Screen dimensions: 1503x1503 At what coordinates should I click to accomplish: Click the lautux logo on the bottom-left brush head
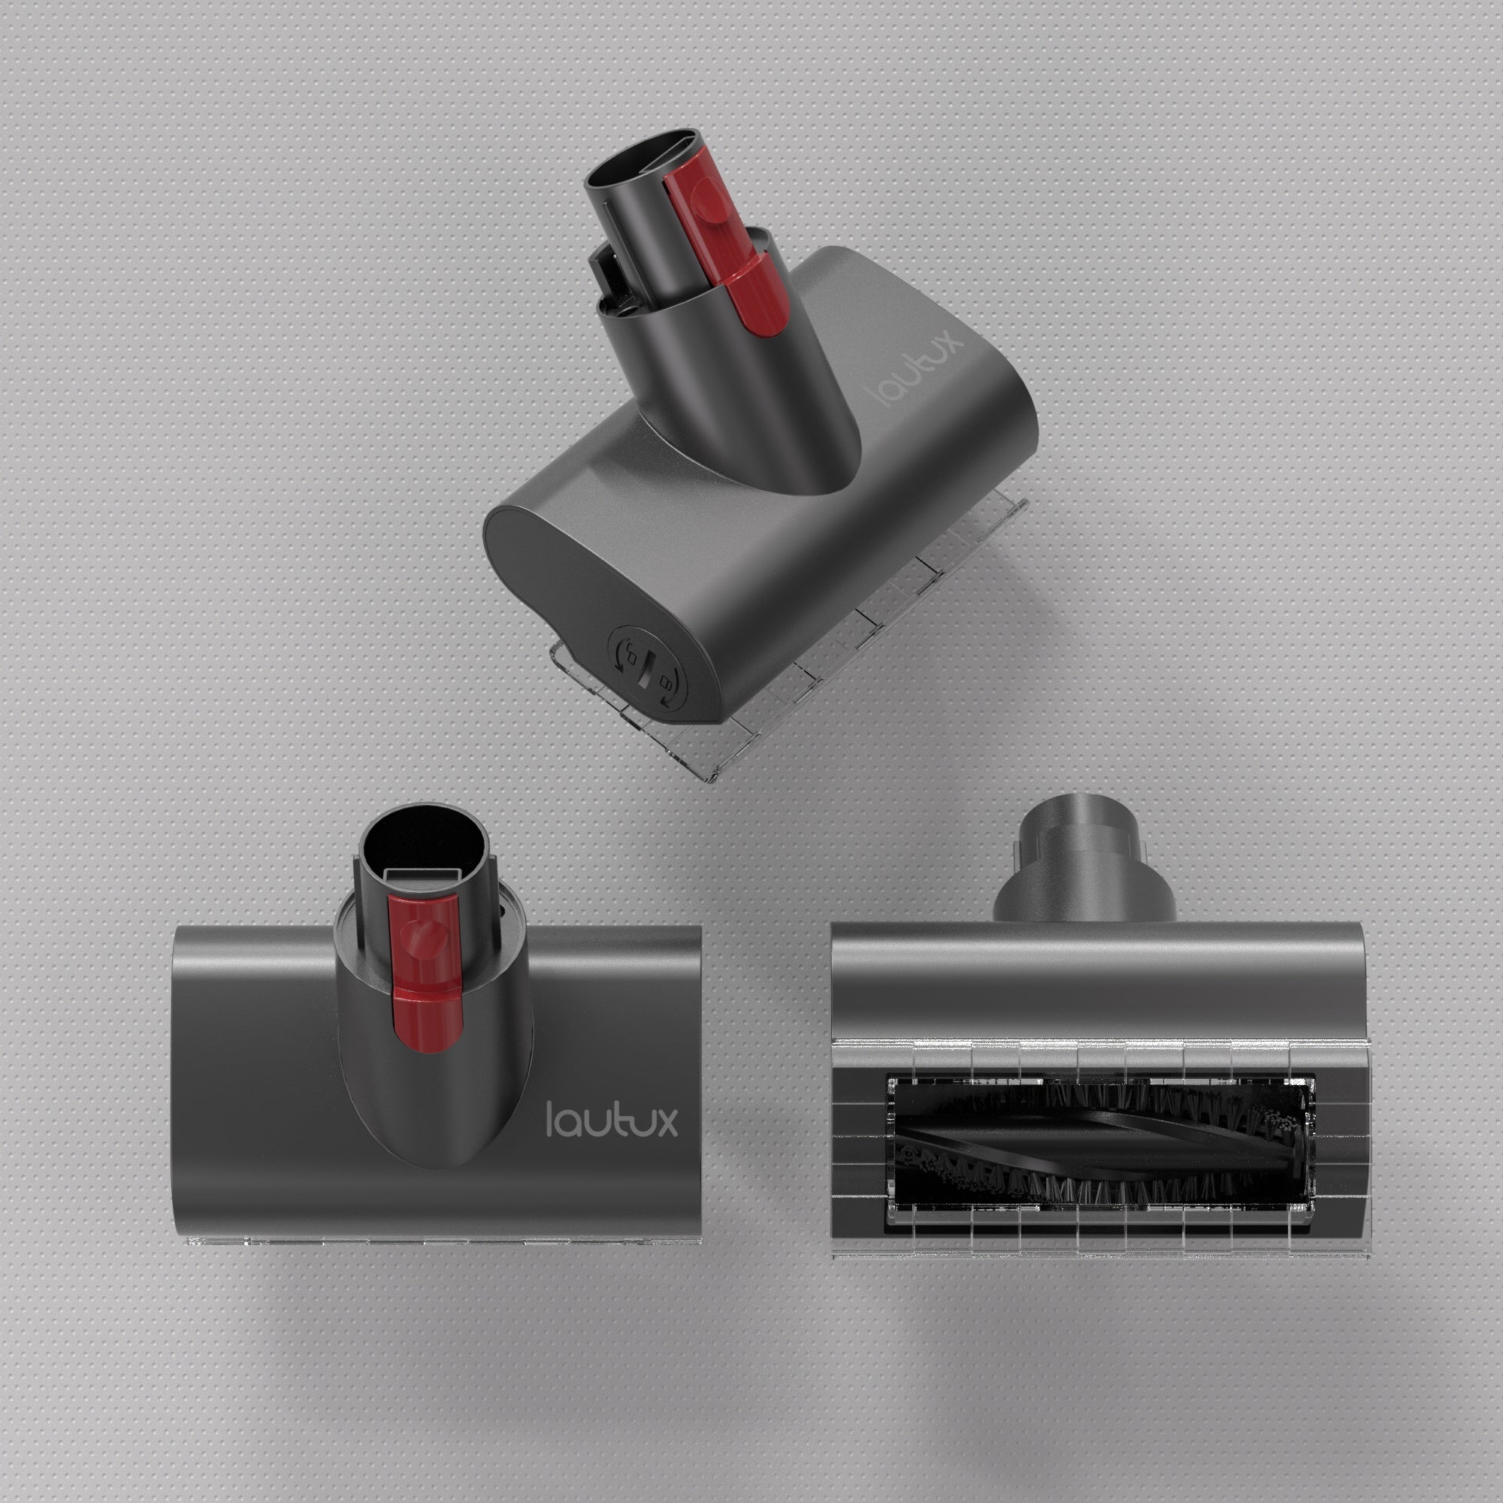612,1119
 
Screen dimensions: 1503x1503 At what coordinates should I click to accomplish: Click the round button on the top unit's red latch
706,194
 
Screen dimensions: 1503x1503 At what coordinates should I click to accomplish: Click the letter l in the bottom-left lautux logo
550,1119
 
